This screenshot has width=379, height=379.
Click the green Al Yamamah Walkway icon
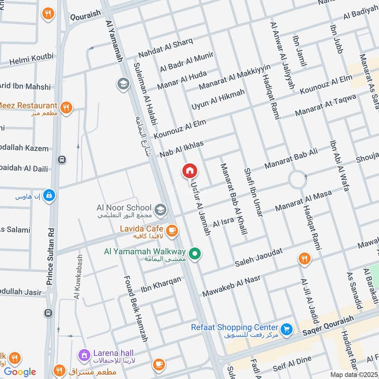(194, 254)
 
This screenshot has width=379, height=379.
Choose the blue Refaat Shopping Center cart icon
(286, 328)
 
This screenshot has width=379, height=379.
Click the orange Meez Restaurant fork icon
(67, 108)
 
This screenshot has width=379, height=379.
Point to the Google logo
(20, 371)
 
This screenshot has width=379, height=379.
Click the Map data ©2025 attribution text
(354, 374)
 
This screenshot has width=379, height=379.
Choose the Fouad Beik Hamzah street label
(136, 308)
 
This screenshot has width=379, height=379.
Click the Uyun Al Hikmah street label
(218, 99)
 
